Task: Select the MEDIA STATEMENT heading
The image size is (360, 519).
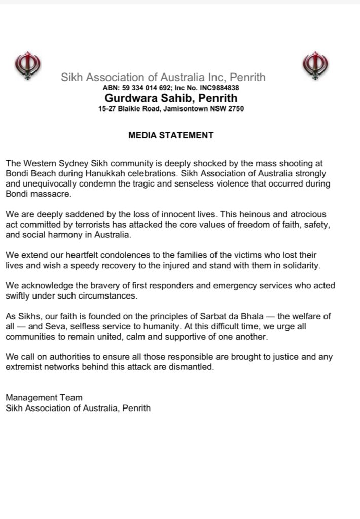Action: (x=171, y=135)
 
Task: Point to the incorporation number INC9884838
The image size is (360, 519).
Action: (x=221, y=88)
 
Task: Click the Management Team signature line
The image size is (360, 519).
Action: (x=44, y=397)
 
